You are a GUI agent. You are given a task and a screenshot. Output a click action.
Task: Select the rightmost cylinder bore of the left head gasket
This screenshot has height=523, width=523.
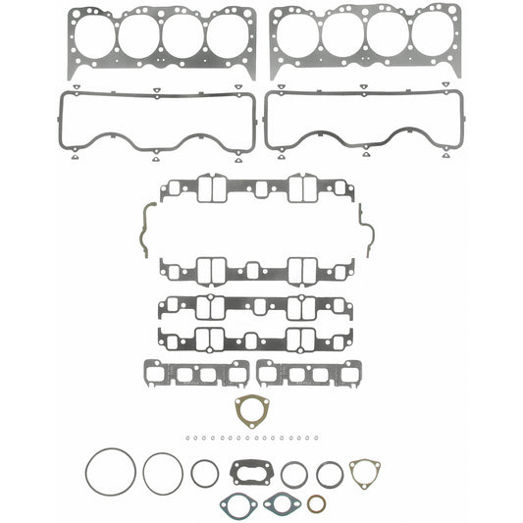click(228, 36)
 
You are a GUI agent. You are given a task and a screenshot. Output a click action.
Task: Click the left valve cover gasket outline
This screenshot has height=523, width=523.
click(66, 123)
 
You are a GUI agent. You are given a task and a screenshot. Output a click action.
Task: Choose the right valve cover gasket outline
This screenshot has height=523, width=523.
click(270, 123)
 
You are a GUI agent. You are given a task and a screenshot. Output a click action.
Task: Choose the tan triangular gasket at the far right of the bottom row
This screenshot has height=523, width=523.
click(365, 474)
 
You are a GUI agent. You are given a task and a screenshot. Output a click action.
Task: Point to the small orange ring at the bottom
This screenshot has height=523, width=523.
click(317, 504)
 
